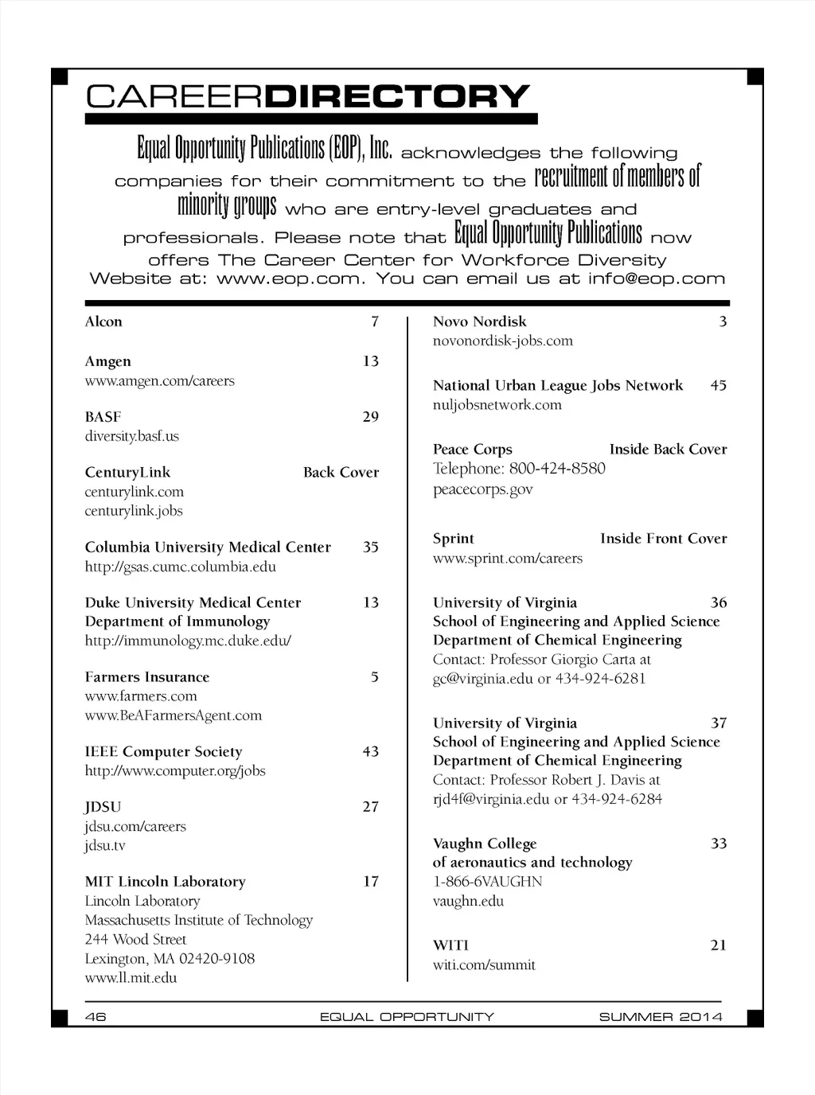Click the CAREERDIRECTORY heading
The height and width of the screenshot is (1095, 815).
coord(307,96)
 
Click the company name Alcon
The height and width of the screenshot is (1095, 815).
coord(103,321)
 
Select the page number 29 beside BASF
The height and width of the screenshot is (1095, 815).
coord(371,417)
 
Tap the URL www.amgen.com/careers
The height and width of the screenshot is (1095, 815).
coord(159,381)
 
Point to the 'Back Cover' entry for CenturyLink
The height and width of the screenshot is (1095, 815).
coord(341,473)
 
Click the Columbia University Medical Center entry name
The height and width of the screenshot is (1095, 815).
coord(208,547)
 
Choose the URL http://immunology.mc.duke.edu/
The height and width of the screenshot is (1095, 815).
coord(188,641)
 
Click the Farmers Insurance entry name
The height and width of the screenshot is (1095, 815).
coord(147,677)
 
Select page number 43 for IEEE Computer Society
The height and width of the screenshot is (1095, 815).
coord(371,752)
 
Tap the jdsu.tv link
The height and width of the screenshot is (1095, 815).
coord(105,846)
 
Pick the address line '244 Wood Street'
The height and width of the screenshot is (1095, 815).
coord(135,940)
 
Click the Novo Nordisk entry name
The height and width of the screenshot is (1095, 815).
coord(479,321)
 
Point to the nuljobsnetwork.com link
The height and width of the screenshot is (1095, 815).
coord(497,405)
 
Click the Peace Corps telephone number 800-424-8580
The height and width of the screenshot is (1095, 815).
coord(557,469)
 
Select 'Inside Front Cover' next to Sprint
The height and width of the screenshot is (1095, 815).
coord(663,539)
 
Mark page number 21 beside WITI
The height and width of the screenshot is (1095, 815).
coord(719,945)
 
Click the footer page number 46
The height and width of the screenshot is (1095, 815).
coord(96,1016)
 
